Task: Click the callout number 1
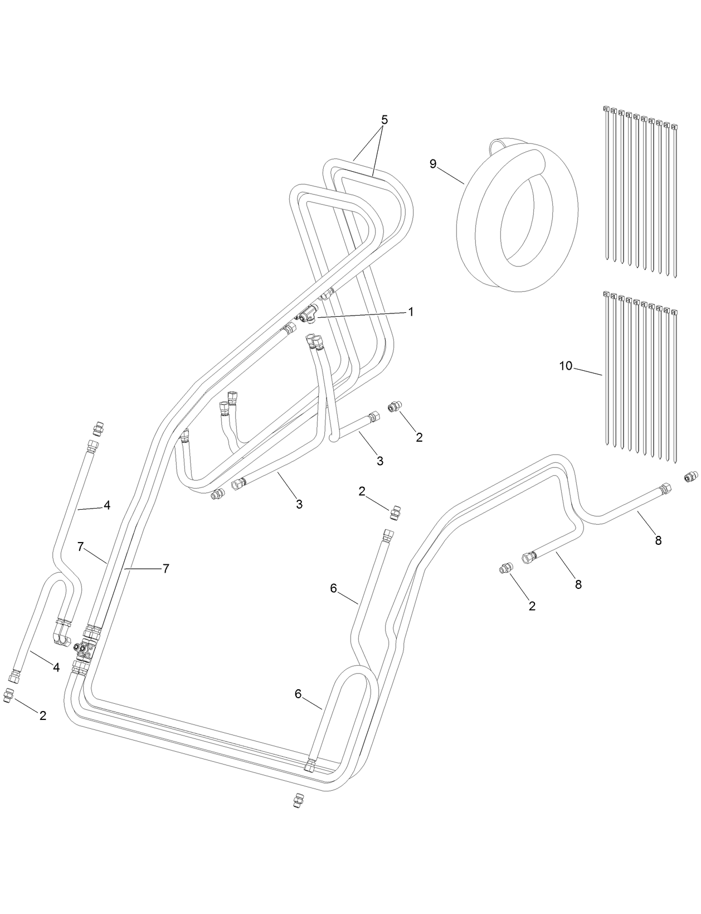pyautogui.click(x=411, y=312)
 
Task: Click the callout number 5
pyautogui.click(x=384, y=120)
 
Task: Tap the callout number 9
pyautogui.click(x=433, y=163)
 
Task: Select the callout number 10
pyautogui.click(x=566, y=366)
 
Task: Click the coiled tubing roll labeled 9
pyautogui.click(x=515, y=217)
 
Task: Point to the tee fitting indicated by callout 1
pyautogui.click(x=306, y=317)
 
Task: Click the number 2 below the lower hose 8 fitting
pyautogui.click(x=532, y=606)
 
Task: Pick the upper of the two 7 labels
pyautogui.click(x=81, y=547)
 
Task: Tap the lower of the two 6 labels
pyautogui.click(x=298, y=694)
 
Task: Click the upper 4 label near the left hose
pyautogui.click(x=106, y=505)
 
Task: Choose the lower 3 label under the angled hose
pyautogui.click(x=299, y=504)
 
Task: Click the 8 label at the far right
pyautogui.click(x=658, y=540)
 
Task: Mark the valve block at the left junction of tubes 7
pyautogui.click(x=85, y=649)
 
